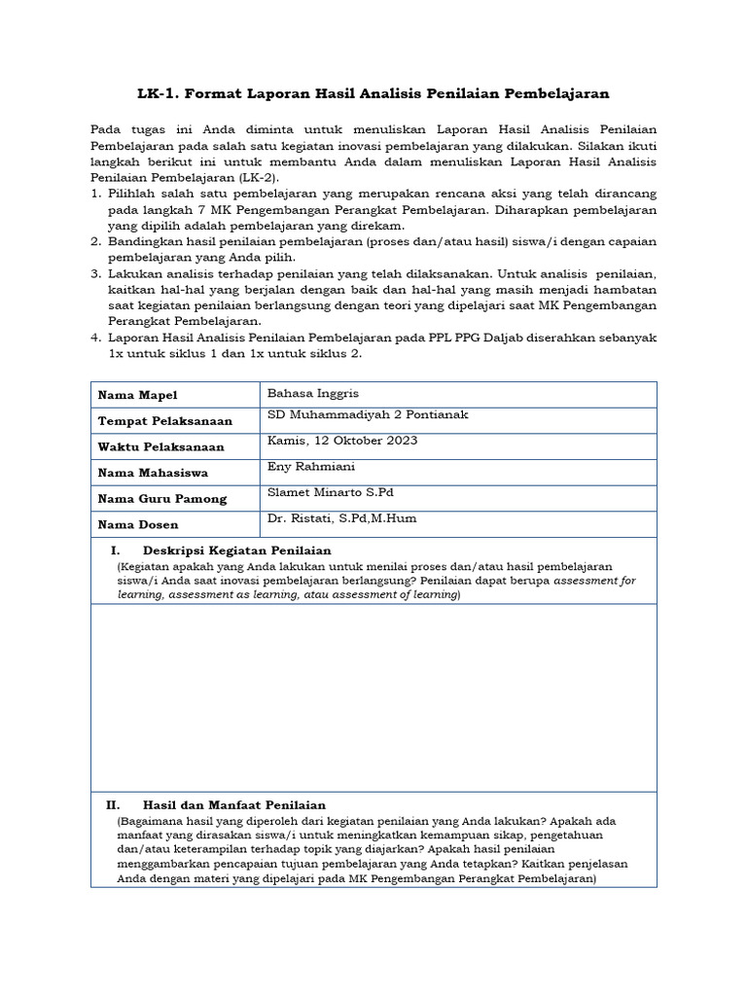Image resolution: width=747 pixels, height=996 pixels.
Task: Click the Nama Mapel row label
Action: click(137, 395)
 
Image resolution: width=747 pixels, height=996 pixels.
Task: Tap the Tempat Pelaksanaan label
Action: click(164, 421)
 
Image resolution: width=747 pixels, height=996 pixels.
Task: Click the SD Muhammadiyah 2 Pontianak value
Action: click(368, 415)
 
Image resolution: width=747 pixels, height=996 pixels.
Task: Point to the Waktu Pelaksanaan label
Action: click(160, 447)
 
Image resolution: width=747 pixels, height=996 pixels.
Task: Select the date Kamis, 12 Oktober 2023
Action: click(342, 441)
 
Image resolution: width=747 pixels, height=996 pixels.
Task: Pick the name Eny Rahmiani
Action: click(305, 467)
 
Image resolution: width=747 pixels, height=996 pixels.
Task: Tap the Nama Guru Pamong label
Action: click(161, 499)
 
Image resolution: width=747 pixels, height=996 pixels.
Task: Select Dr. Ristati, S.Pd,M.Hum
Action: click(341, 518)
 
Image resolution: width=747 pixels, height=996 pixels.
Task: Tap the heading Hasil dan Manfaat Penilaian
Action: click(233, 805)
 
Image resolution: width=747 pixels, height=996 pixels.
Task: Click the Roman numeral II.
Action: click(113, 805)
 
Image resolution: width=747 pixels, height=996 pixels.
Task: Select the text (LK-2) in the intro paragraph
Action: click(257, 179)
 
